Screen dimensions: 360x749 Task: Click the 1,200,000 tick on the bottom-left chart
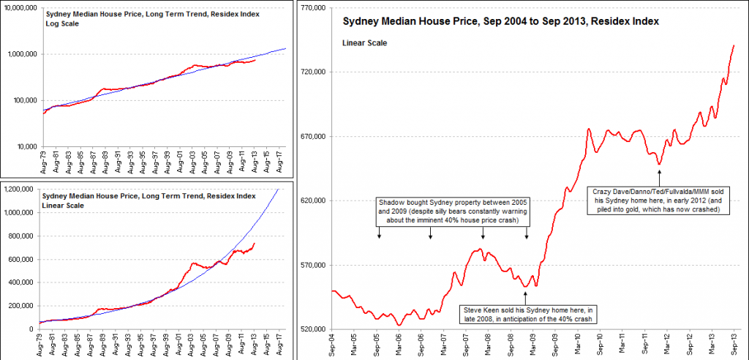(20, 190)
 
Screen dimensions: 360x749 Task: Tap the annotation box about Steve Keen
(526, 314)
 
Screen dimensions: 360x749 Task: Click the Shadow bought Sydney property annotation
(453, 211)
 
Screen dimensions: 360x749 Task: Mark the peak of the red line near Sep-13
(734, 45)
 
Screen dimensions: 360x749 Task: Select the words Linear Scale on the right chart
(365, 43)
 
